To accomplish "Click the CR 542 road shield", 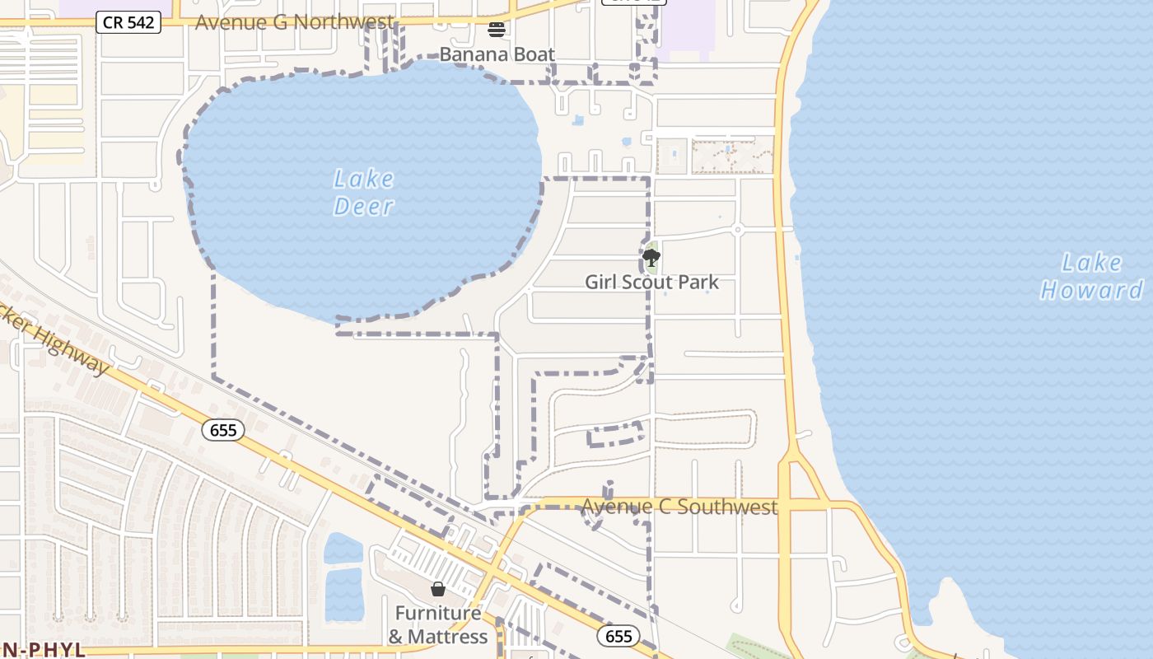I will [128, 22].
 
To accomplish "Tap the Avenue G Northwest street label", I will [294, 22].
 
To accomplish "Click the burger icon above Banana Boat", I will [496, 30].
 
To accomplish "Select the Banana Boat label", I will [497, 54].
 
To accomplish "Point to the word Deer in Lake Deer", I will [363, 206].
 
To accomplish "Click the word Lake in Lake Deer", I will [363, 179].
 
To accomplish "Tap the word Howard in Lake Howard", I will [1091, 290].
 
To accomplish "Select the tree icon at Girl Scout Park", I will [651, 258].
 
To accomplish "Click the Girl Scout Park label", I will [651, 283].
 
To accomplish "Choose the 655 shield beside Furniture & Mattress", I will [618, 635].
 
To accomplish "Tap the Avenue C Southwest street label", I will [679, 507].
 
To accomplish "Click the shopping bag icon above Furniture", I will [438, 589].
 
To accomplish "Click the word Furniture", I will [437, 614].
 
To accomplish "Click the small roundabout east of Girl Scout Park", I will [738, 230].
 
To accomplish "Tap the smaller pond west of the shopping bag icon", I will [343, 548].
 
